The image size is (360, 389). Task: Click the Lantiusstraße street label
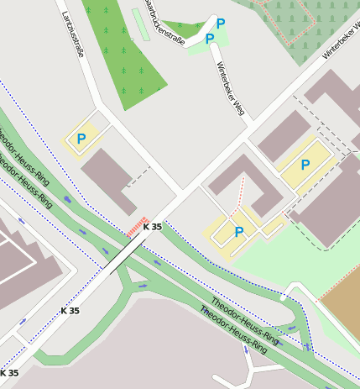(71, 39)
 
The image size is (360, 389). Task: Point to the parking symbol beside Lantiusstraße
(81, 139)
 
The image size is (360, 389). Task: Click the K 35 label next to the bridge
(152, 227)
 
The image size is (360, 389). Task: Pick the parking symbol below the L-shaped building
(239, 232)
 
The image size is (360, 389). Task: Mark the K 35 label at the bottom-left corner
(9, 372)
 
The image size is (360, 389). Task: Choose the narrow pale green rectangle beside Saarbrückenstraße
(140, 24)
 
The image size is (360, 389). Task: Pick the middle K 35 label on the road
(70, 311)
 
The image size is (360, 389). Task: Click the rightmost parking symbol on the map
(305, 166)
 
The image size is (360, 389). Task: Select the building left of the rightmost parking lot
(284, 136)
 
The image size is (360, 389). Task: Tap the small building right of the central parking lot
(274, 225)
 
